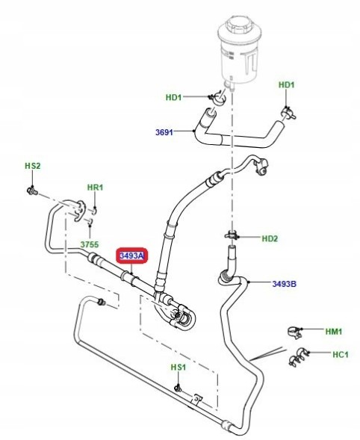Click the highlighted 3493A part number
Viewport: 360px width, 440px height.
tap(132, 257)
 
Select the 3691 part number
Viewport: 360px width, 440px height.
tap(164, 133)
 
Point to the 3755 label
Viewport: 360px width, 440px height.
tap(90, 244)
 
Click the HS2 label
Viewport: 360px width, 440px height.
tap(32, 166)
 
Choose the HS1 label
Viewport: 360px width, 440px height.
tap(178, 368)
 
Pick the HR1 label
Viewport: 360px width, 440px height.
tap(96, 188)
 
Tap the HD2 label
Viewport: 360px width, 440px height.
tap(269, 238)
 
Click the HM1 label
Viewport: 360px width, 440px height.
tap(332, 331)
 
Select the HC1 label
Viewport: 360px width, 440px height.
tap(340, 354)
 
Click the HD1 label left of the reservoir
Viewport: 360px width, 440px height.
tap(174, 97)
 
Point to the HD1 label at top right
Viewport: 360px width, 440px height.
tap(287, 85)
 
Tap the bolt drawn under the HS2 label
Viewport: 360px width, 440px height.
tap(32, 192)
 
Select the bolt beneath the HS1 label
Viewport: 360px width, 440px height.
tap(178, 387)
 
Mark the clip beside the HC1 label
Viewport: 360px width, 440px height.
tap(299, 356)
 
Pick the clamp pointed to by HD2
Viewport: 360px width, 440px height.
tap(233, 238)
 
